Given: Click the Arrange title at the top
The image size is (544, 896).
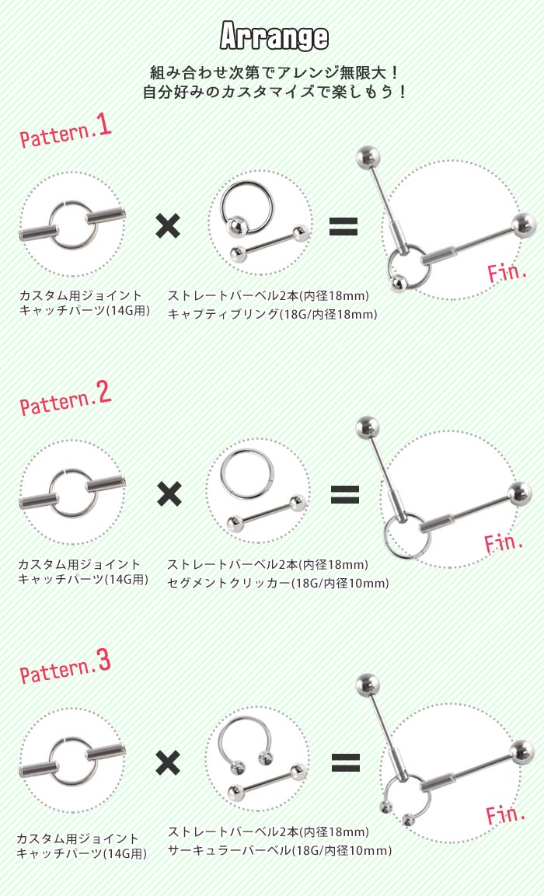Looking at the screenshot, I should pyautogui.click(x=274, y=37).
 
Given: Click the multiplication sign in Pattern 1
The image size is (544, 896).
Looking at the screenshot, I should pyautogui.click(x=168, y=226).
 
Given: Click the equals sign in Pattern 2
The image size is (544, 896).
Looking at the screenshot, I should pyautogui.click(x=345, y=494).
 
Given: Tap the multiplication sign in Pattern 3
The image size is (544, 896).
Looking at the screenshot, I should pyautogui.click(x=168, y=762).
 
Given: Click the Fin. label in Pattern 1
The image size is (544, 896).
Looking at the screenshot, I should pyautogui.click(x=507, y=272).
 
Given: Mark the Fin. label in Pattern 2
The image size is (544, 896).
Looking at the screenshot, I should pyautogui.click(x=504, y=542).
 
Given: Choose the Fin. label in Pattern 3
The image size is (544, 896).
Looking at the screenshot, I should pyautogui.click(x=507, y=814).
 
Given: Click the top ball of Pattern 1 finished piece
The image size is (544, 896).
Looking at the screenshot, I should pyautogui.click(x=366, y=157).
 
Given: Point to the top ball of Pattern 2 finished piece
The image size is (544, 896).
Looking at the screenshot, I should pyautogui.click(x=366, y=426).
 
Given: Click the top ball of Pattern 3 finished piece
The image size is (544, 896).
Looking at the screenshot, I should pyautogui.click(x=367, y=685).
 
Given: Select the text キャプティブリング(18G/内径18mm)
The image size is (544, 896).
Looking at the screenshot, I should pyautogui.click(x=272, y=315).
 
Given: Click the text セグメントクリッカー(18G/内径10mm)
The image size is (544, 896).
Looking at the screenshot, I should pyautogui.click(x=278, y=583).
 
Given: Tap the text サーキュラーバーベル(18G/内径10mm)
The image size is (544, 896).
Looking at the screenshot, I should pyautogui.click(x=280, y=851).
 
